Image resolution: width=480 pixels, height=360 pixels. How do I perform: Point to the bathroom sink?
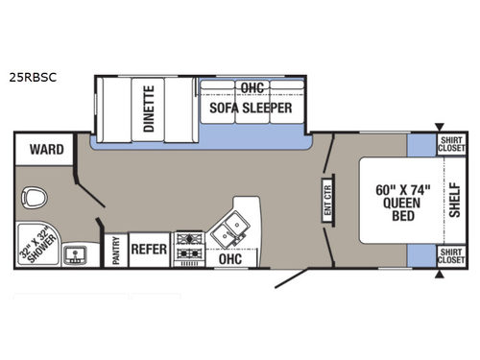pyautogui.click(x=76, y=254)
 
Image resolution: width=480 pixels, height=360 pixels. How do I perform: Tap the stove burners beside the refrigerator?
pyautogui.click(x=188, y=246)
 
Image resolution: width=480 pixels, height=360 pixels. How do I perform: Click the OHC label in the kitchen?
pyautogui.click(x=228, y=258)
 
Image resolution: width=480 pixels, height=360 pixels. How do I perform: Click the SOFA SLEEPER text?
pyautogui.click(x=252, y=108)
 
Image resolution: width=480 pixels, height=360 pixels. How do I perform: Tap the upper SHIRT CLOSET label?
pyautogui.click(x=451, y=143)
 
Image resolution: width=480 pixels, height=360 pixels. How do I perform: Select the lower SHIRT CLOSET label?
pyautogui.click(x=451, y=255)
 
